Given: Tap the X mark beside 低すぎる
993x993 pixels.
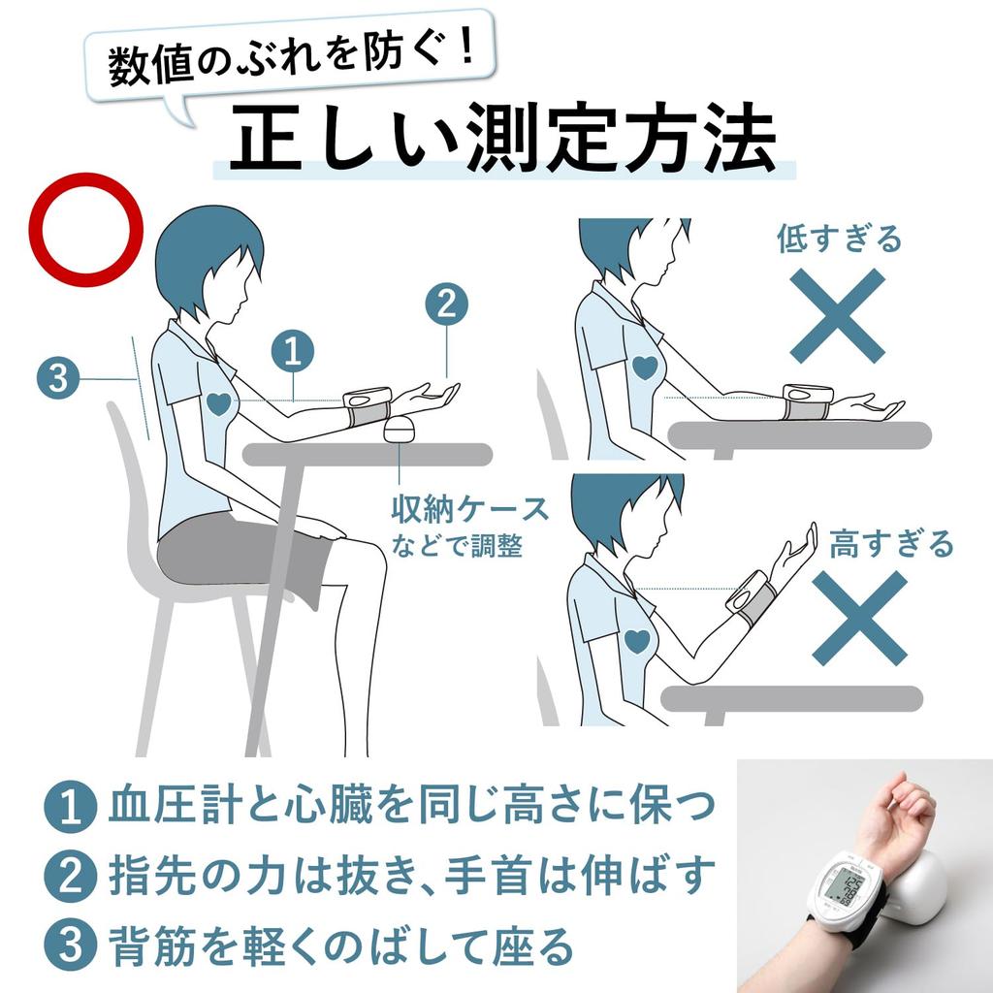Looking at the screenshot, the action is coord(837,315).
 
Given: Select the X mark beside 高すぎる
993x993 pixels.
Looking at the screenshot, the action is coord(859,618).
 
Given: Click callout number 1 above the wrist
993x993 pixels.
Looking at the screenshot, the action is coord(293,350).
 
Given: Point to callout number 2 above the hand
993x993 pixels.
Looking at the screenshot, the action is coord(446,304).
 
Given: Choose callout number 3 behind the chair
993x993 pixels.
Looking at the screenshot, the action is coord(57,379).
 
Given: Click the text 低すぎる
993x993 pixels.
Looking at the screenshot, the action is coord(839,239).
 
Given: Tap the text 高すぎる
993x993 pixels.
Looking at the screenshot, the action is coord(891,543).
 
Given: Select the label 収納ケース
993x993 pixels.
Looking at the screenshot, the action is coord(470,508).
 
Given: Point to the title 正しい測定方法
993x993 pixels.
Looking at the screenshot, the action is coord(503,137).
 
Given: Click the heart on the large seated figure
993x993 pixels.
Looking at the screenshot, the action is coord(219,403).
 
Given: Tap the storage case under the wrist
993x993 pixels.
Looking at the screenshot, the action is coord(399,430).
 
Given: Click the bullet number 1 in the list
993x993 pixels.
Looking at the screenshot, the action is coord(70,806).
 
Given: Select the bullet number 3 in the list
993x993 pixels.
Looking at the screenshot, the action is coord(70,945).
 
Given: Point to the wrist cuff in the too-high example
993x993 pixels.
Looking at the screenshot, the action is coord(753,593).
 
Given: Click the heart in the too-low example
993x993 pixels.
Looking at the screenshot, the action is coord(645,368).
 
